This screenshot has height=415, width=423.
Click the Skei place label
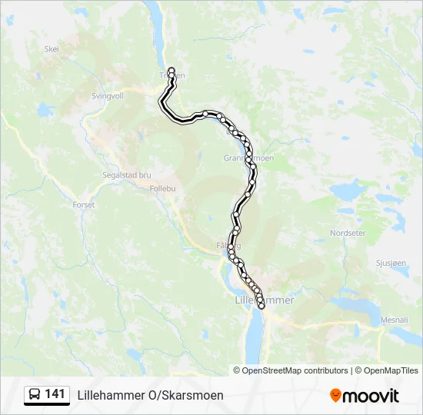52,48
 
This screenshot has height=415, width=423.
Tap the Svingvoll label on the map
107,96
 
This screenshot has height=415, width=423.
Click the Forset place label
83,205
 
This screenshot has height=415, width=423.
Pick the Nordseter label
348,233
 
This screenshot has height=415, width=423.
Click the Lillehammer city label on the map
265,300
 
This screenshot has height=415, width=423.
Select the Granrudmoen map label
248,158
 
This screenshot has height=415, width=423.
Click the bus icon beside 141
34,395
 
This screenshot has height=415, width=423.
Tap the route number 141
55,394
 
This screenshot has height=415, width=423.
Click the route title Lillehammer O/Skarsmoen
151,395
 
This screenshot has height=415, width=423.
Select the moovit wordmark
371,396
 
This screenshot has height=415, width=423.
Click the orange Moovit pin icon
335,396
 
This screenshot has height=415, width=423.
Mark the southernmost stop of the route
261,306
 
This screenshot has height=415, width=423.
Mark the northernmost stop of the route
172,71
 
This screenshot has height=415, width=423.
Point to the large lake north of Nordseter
350,189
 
